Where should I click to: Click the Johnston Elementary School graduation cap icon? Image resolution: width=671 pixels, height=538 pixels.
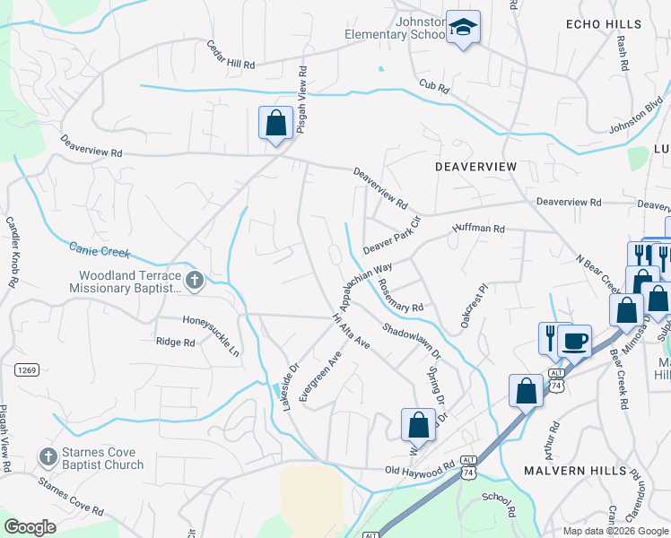click(464, 27)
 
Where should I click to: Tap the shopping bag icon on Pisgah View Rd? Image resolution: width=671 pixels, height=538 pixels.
click(275, 122)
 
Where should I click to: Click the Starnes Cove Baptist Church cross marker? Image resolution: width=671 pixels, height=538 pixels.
click(48, 457)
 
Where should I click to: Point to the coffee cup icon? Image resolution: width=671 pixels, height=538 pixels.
click(574, 341)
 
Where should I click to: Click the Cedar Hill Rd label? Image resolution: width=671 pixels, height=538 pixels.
click(231, 55)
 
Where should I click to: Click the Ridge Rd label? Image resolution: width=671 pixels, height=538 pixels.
click(175, 342)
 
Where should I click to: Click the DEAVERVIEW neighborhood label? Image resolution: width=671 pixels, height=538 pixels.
click(476, 167)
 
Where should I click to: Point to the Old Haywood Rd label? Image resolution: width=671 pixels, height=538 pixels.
click(420, 470)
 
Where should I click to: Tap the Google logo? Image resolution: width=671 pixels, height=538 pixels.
click(30, 527)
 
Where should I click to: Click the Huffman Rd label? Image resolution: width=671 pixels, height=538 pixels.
click(479, 229)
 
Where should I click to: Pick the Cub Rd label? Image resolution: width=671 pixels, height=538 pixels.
click(431, 84)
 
